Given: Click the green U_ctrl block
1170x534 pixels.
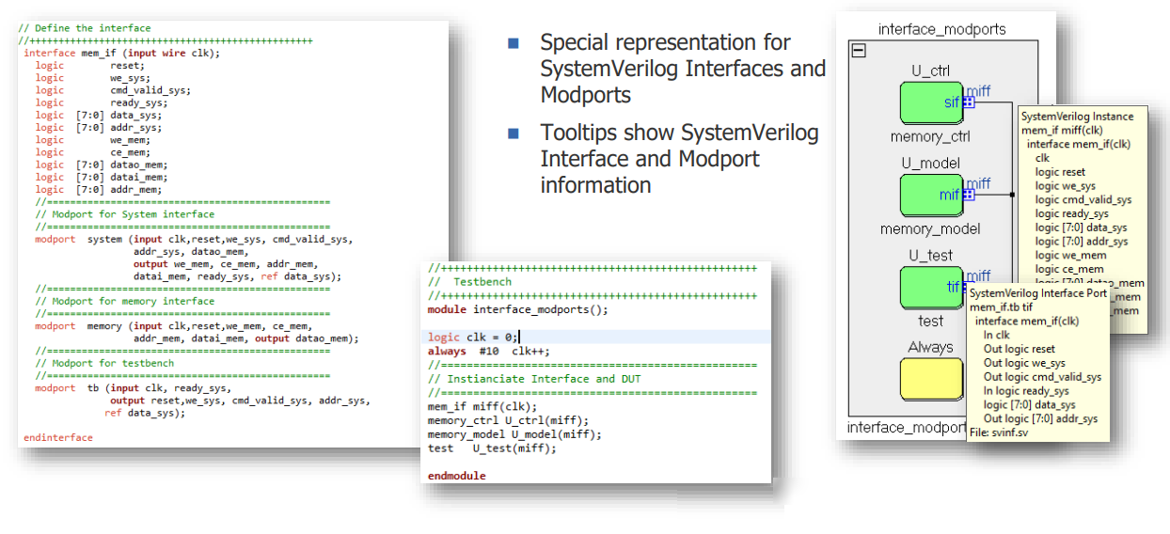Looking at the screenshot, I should coord(930,102).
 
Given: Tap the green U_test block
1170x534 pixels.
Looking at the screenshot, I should coord(930,288).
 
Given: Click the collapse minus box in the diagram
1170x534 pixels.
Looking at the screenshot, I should coord(858,51).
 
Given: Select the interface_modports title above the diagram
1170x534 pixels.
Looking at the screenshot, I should coord(941,29).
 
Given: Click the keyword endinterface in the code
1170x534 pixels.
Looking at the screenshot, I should coord(58,438).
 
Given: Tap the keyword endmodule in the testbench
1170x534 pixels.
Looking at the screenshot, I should coord(456,476).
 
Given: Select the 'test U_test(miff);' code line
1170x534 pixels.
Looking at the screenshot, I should coord(491,448).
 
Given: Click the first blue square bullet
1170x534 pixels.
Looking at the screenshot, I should coord(514,43).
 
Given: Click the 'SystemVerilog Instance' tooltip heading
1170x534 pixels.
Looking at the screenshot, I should coord(1077,117).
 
